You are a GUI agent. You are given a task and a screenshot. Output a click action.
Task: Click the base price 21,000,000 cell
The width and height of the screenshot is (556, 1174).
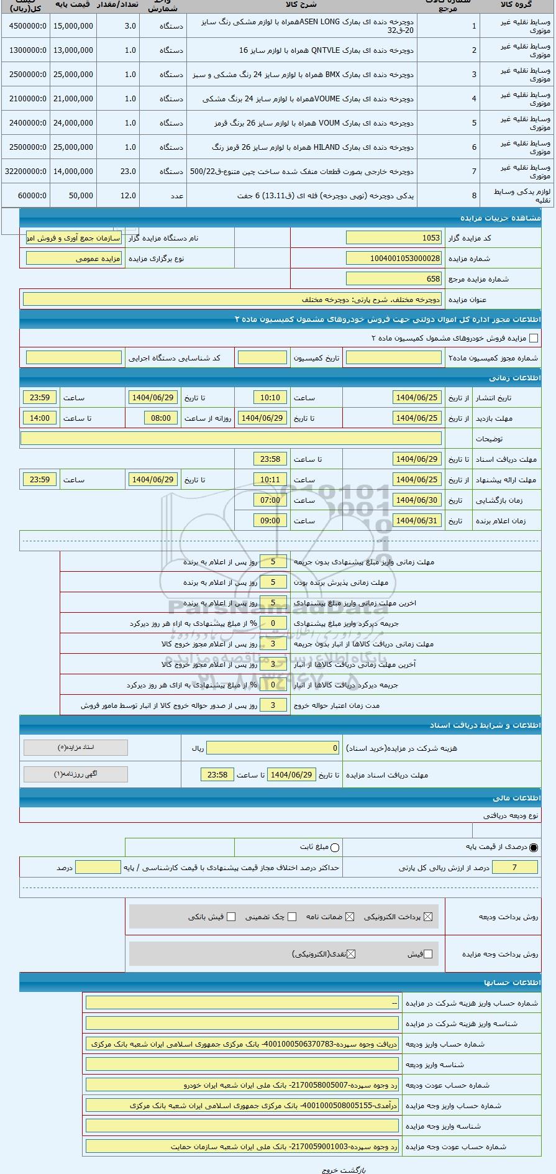(73, 99)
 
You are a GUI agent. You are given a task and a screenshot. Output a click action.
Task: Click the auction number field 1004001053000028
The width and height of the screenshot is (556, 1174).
(394, 259)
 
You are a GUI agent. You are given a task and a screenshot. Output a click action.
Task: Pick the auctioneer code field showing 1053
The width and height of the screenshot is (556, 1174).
(394, 238)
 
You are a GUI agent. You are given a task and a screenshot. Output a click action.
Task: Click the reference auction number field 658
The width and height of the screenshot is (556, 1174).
(394, 279)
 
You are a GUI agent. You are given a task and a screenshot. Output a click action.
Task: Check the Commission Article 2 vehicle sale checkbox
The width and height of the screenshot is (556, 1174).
(533, 338)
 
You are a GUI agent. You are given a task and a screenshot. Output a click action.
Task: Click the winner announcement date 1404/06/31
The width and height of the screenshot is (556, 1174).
(417, 521)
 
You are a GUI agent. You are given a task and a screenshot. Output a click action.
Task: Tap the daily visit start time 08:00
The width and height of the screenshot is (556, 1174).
(160, 418)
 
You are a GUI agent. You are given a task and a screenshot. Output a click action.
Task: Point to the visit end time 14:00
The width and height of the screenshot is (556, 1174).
(40, 418)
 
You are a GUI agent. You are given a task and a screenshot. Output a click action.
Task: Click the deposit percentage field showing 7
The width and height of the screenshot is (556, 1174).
(514, 868)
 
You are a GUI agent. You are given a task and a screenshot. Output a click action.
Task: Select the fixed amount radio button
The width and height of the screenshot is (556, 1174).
(335, 848)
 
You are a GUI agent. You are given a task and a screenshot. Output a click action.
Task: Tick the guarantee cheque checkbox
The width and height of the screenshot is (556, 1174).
(292, 917)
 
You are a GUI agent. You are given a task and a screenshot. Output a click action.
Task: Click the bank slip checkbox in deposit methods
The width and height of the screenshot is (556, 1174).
(231, 917)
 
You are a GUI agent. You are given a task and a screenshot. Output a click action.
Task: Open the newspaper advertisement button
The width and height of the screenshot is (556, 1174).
(76, 774)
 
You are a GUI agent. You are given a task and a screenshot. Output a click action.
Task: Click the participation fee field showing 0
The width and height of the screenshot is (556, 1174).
(273, 748)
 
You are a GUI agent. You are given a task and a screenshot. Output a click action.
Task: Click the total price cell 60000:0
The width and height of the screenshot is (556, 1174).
(24, 196)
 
